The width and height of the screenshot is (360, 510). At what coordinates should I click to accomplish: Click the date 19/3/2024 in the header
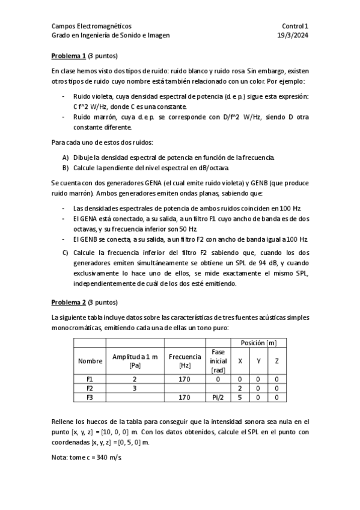tap(293, 35)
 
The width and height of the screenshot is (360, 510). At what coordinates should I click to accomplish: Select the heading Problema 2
tap(69, 302)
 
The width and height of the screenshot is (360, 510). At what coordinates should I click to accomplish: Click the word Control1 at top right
tap(294, 26)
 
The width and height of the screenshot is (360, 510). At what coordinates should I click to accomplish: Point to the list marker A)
tap(66, 158)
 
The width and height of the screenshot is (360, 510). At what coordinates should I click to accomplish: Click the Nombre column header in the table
tap(90, 361)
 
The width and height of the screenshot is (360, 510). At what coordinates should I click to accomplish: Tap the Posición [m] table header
tap(258, 343)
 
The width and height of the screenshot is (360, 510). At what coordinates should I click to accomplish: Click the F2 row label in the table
tap(90, 389)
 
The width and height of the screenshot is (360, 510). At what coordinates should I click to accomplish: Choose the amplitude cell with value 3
tap(135, 389)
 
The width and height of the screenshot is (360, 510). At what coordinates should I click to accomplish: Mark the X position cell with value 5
tap(240, 398)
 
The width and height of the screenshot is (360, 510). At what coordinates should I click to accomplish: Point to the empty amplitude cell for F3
tap(135, 398)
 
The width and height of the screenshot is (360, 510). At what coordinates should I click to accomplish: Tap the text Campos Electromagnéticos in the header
tap(91, 26)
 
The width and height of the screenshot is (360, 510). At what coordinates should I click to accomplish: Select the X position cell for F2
tap(240, 389)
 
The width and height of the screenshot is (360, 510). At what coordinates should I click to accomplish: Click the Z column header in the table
tap(276, 361)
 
